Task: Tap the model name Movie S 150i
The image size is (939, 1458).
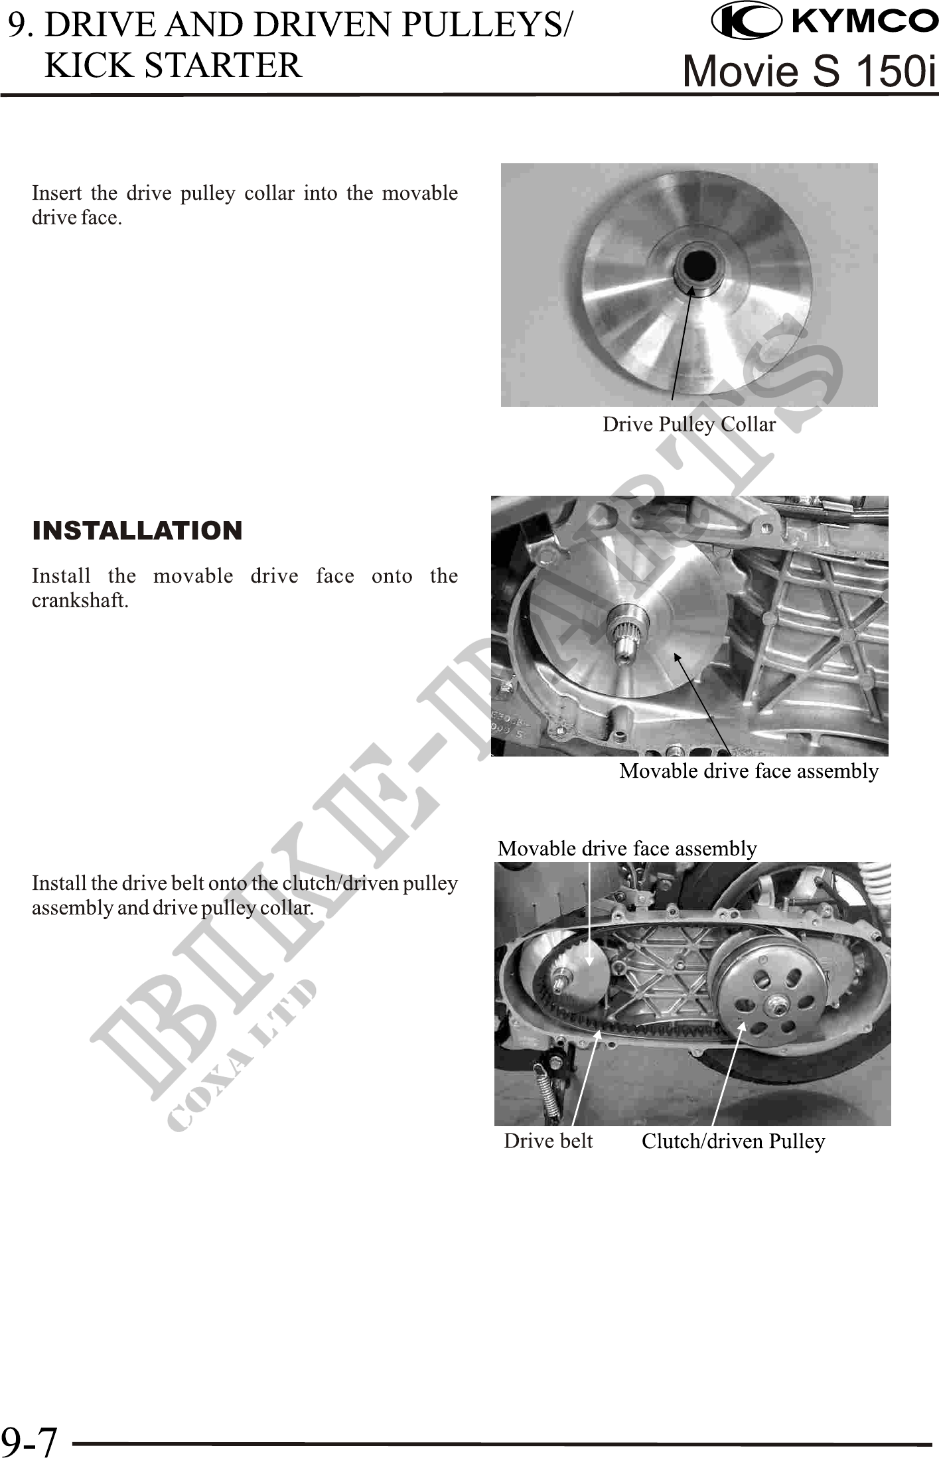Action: pos(810,70)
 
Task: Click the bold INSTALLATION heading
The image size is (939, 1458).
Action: pos(137,530)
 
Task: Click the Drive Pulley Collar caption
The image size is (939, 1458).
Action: pos(689,424)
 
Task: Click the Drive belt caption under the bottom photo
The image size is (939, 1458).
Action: pos(548,1141)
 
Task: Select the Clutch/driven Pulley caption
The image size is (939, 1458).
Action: pos(733,1141)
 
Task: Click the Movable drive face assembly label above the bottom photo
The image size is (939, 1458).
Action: pos(627,848)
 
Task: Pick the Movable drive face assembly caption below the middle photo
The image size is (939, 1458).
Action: pos(749,770)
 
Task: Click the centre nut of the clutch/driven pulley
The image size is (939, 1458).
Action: pos(773,1005)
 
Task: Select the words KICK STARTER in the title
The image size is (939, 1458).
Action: pos(173,65)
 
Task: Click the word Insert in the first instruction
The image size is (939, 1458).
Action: pos(56,193)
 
